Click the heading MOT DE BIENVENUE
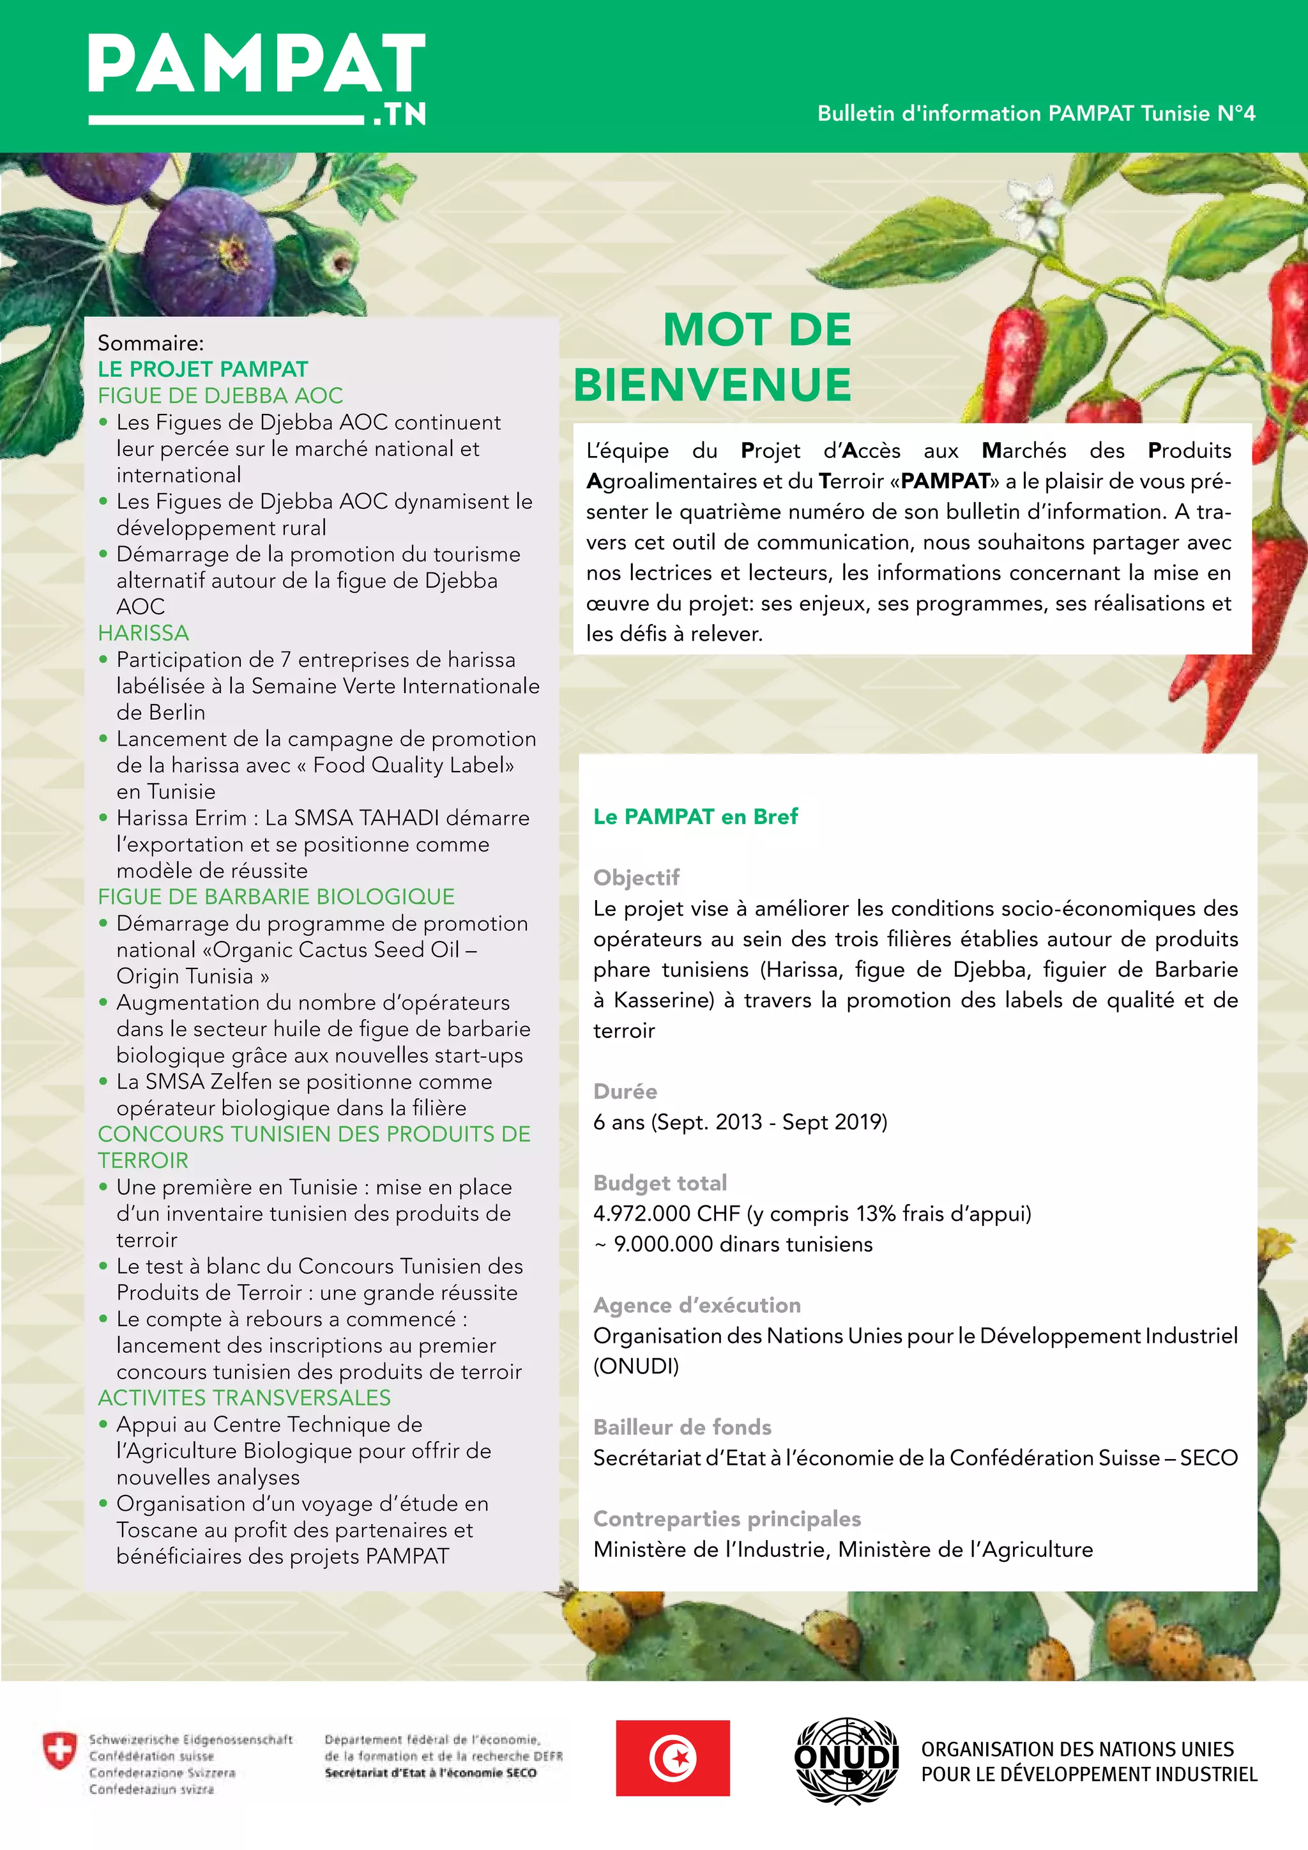pyautogui.click(x=713, y=356)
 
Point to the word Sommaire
pyautogui.click(x=151, y=343)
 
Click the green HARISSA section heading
pyautogui.click(x=143, y=633)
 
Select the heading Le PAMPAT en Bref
pyautogui.click(x=695, y=816)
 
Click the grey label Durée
pyautogui.click(x=625, y=1091)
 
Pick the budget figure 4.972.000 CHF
pyautogui.click(x=666, y=1214)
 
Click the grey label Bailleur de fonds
pyautogui.click(x=682, y=1427)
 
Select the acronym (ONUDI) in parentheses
pyautogui.click(x=636, y=1366)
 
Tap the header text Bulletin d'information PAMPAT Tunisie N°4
pyautogui.click(x=1036, y=114)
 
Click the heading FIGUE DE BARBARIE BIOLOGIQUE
pyautogui.click(x=277, y=897)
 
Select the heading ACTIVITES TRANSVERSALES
pyautogui.click(x=244, y=1398)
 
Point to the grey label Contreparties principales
pyautogui.click(x=726, y=1519)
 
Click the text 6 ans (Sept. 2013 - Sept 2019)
pyautogui.click(x=740, y=1122)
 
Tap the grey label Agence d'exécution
pyautogui.click(x=697, y=1305)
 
